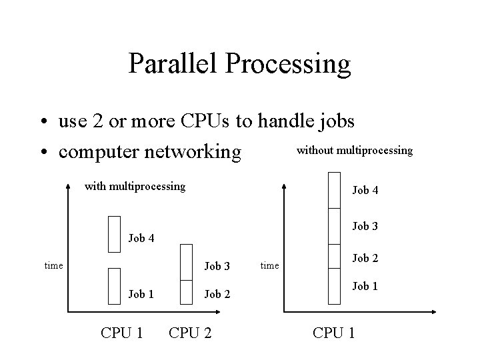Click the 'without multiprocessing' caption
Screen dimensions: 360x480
354,151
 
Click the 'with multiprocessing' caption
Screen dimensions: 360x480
135,186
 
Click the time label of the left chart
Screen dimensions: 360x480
54,265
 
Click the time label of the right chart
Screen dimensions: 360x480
270,265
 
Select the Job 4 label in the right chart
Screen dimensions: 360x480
365,191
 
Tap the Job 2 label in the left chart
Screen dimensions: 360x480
217,293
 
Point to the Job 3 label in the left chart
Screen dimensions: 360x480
217,266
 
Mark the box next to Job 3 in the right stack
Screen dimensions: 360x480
334,227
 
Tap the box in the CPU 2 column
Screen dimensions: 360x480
187,261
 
